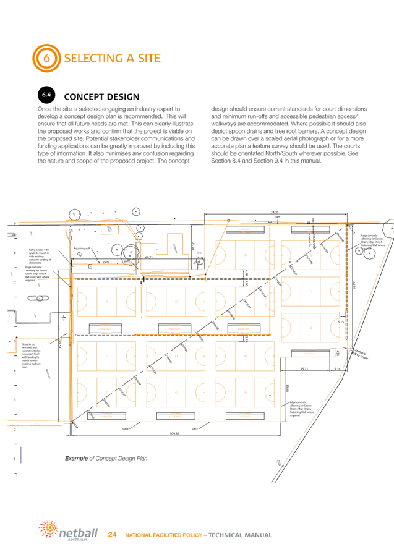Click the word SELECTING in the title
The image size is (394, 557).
(95, 58)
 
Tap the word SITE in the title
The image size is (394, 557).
(146, 58)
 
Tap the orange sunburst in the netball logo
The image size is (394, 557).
(46, 529)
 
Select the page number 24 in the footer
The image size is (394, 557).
(113, 534)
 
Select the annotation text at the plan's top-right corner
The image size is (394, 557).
(371, 242)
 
